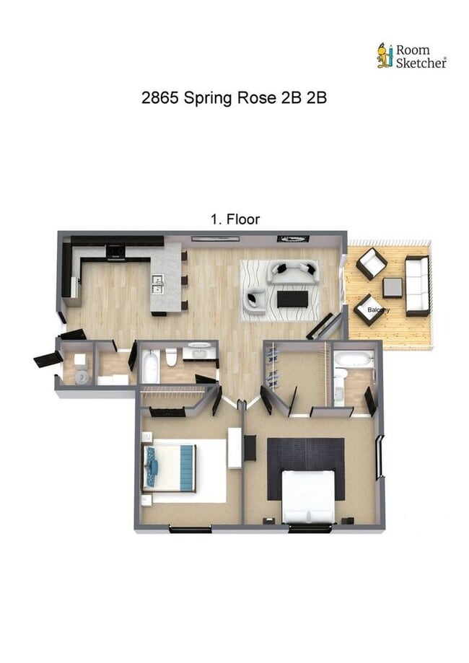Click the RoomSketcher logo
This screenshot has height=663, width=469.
(411, 56)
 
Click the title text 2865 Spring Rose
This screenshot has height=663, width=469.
(234, 98)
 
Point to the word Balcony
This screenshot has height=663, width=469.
(379, 310)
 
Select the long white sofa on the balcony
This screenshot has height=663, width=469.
(416, 286)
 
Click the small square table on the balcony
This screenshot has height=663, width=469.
(393, 287)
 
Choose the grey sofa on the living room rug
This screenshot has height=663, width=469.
(292, 271)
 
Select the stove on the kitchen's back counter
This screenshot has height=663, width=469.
(115, 253)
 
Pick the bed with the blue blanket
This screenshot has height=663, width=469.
(170, 468)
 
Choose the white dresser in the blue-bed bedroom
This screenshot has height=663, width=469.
(234, 448)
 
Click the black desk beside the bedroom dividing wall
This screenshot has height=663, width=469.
(250, 447)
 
